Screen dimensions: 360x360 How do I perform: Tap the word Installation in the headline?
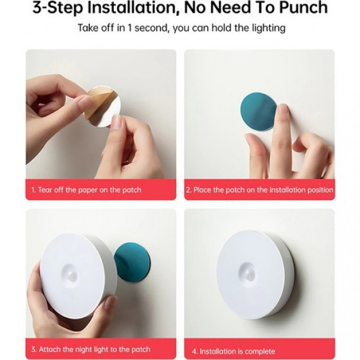pos(132,7)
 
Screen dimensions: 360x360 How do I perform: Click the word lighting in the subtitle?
pos(269,29)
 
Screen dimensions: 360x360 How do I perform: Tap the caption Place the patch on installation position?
pos(260,190)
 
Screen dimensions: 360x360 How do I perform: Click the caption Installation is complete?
pos(234,351)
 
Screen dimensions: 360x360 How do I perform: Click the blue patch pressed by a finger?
pos(257,111)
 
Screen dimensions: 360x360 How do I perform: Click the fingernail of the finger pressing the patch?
pos(282,109)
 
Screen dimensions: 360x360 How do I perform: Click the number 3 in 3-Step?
pos(37,8)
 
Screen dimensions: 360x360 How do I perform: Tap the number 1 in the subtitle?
pos(130,28)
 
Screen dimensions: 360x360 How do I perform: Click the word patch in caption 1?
pos(132,190)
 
